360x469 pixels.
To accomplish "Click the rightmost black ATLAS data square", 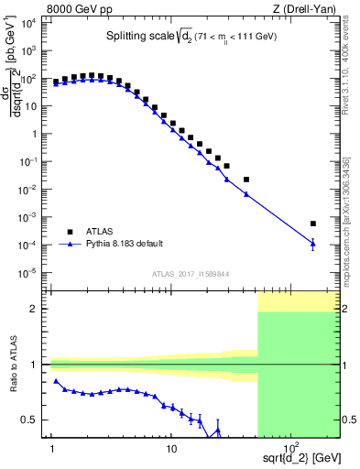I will click(x=312, y=223).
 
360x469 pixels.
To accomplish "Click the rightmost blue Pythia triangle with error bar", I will click(x=312, y=244).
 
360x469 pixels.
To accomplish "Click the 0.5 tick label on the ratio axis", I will click(x=36, y=420).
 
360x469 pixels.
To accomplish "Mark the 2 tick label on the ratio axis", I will click(x=39, y=309).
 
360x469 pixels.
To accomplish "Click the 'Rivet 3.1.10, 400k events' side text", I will click(x=349, y=55).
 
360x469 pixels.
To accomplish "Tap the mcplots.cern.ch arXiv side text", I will click(x=349, y=183).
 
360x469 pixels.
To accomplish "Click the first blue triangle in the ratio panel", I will click(x=56, y=381).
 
